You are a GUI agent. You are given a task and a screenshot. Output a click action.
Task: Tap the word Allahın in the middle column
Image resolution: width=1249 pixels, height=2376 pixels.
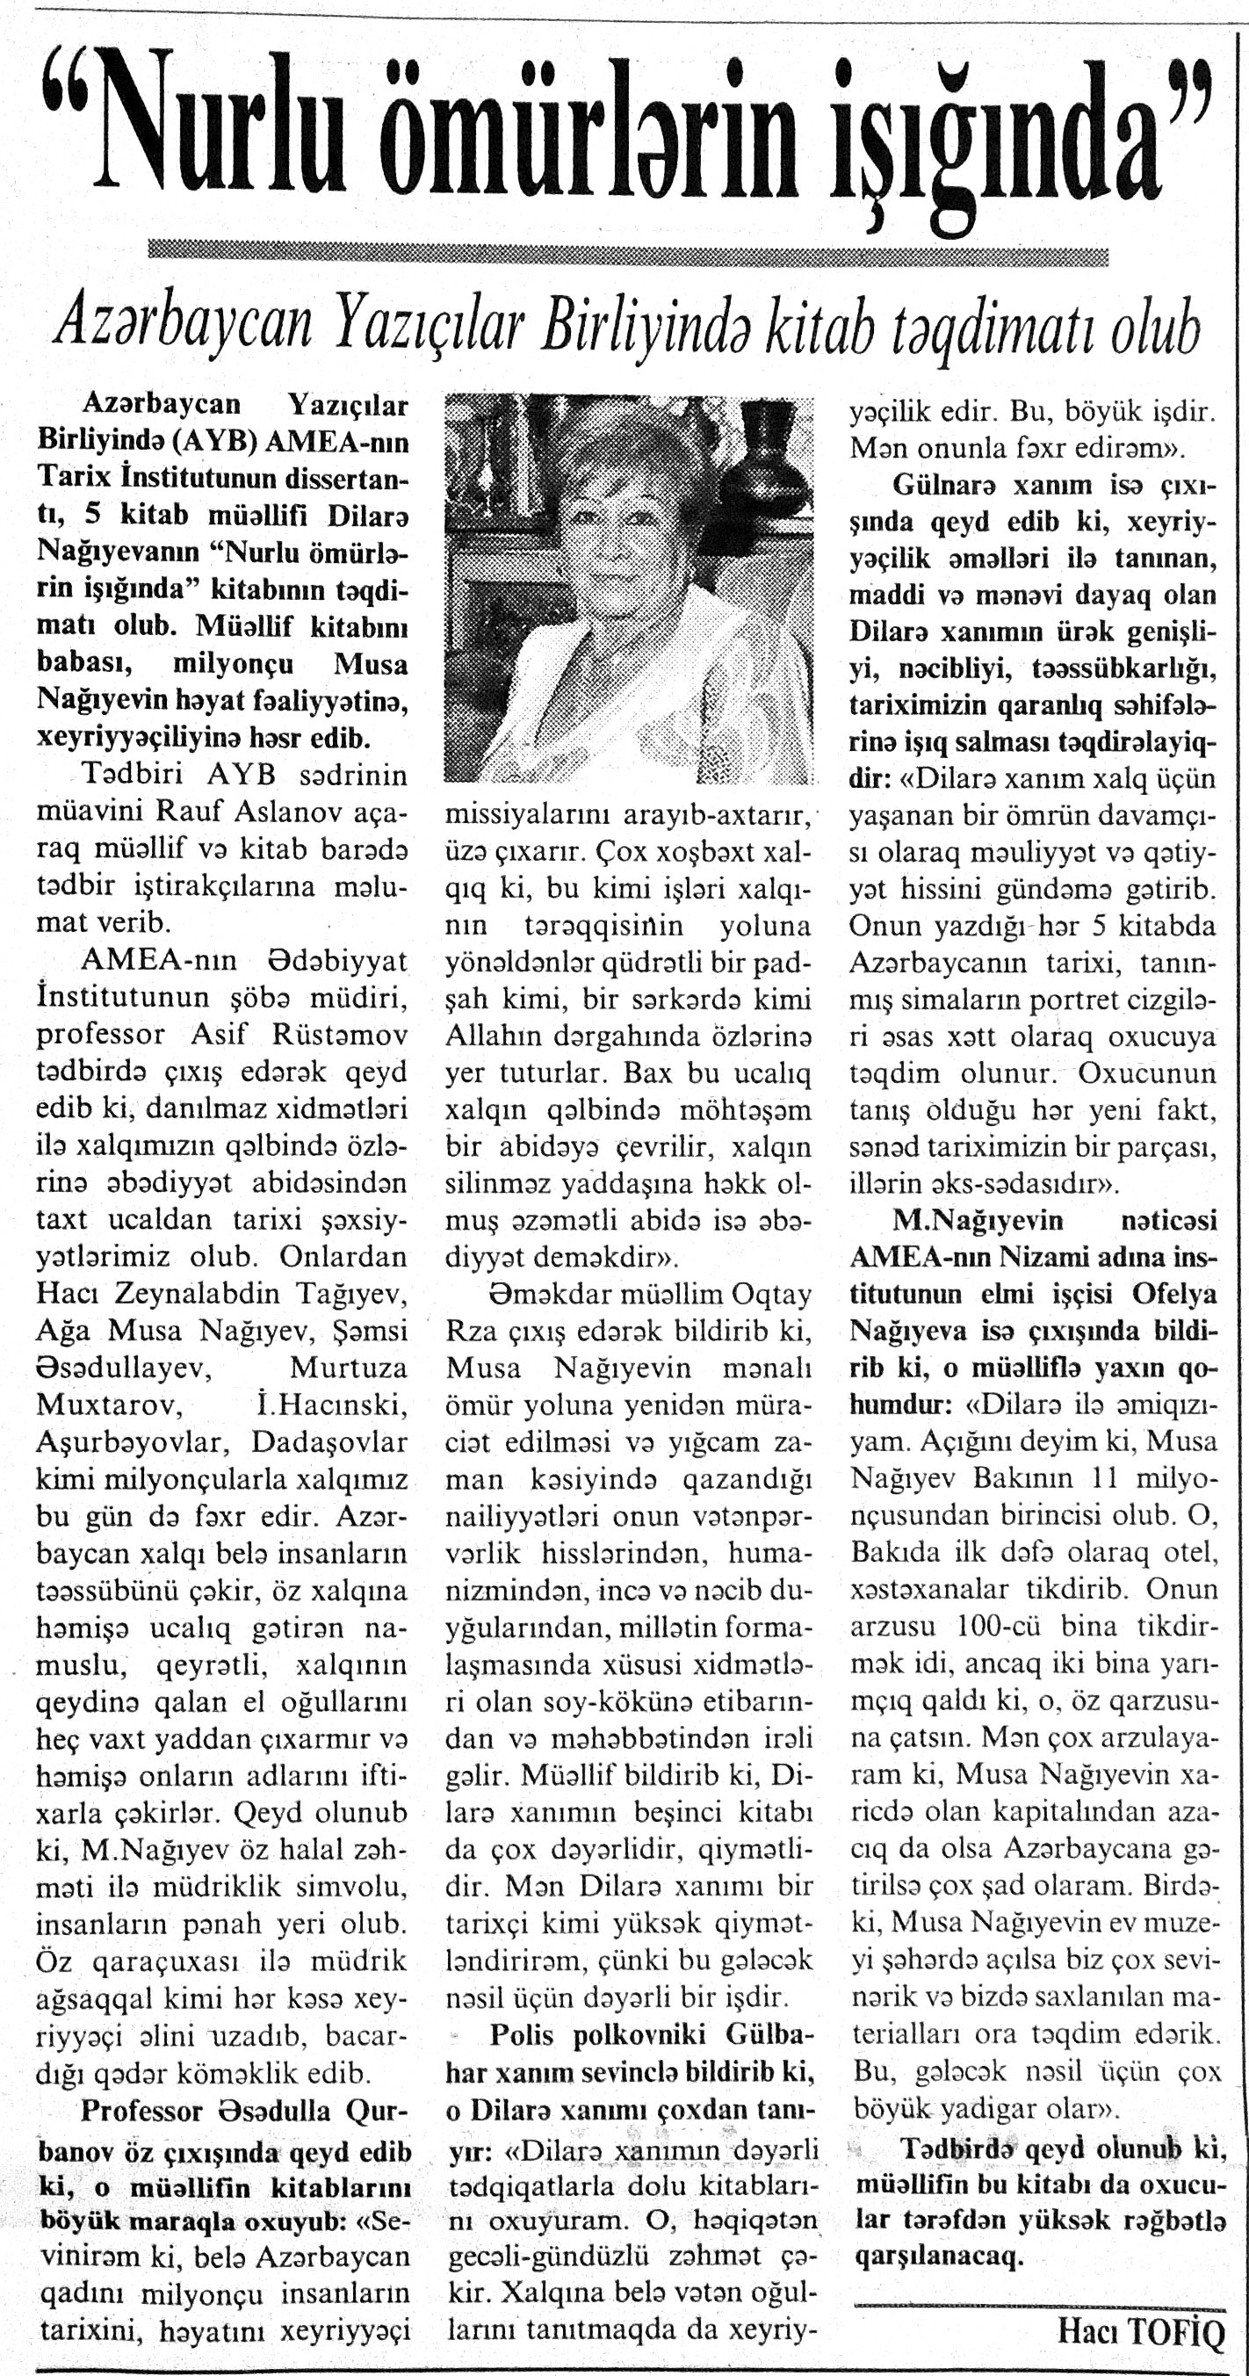tap(495, 1036)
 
